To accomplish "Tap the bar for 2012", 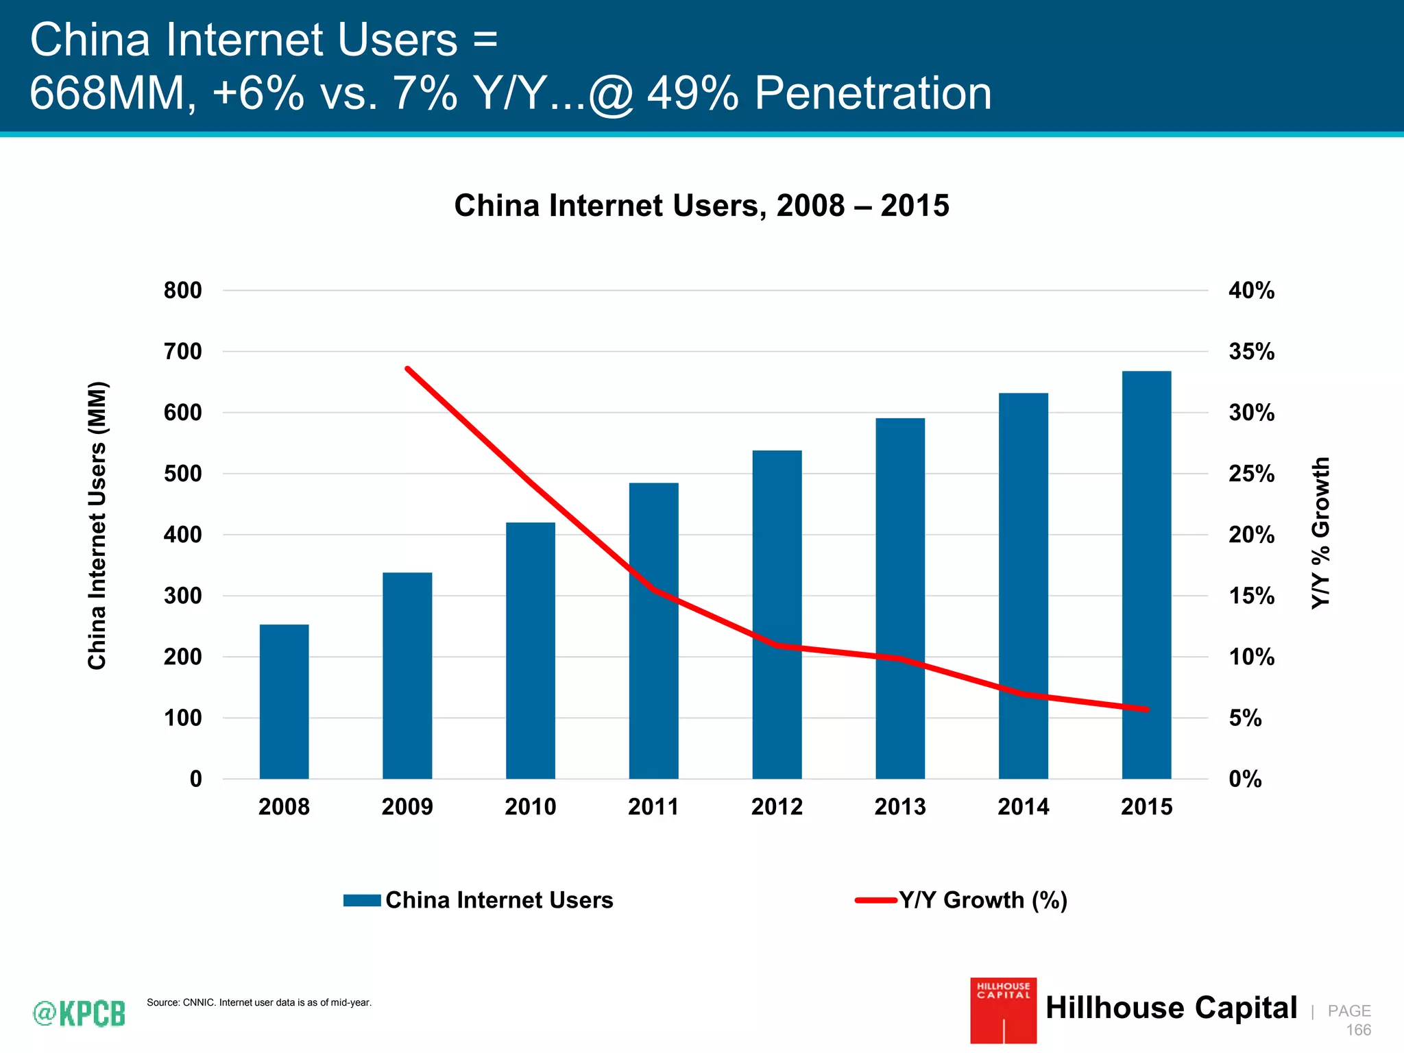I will pyautogui.click(x=777, y=614).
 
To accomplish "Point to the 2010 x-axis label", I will pyautogui.click(x=530, y=806).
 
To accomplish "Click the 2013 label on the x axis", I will pyautogui.click(x=899, y=806).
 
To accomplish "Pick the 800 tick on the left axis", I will pyautogui.click(x=182, y=291).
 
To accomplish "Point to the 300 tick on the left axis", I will pyautogui.click(x=182, y=596).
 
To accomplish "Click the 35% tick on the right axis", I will pyautogui.click(x=1251, y=352).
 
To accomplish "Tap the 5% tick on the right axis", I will pyautogui.click(x=1244, y=718).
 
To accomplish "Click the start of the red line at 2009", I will pyautogui.click(x=407, y=369).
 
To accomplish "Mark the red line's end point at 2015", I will pyautogui.click(x=1147, y=710).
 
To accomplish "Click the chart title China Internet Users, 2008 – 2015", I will pyautogui.click(x=701, y=206).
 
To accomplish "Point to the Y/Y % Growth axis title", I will pyautogui.click(x=1320, y=533).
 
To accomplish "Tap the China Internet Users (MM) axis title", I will pyautogui.click(x=97, y=525).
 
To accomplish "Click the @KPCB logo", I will pyautogui.click(x=80, y=1013).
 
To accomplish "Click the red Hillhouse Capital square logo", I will pyautogui.click(x=1003, y=1010).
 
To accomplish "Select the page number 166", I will pyautogui.click(x=1358, y=1030).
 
